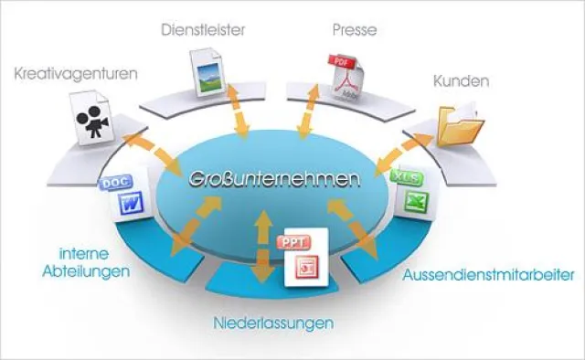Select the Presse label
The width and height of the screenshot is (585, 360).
[x=355, y=29]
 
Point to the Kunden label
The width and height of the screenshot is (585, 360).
[x=463, y=81]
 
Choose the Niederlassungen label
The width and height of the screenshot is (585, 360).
[x=273, y=323]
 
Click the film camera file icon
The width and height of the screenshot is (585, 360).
[x=91, y=123]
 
